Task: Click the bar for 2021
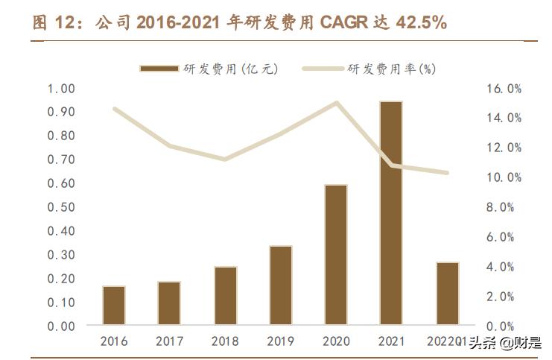click(391, 213)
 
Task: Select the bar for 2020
click(336, 255)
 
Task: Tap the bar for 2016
click(114, 306)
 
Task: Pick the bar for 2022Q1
click(447, 294)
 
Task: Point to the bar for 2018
click(225, 296)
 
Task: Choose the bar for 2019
click(280, 285)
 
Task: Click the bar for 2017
click(169, 303)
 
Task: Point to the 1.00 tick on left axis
click(61, 89)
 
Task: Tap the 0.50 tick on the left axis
click(61, 207)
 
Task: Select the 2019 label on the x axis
click(280, 341)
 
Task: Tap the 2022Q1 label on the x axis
click(445, 341)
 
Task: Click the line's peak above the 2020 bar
click(336, 103)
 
